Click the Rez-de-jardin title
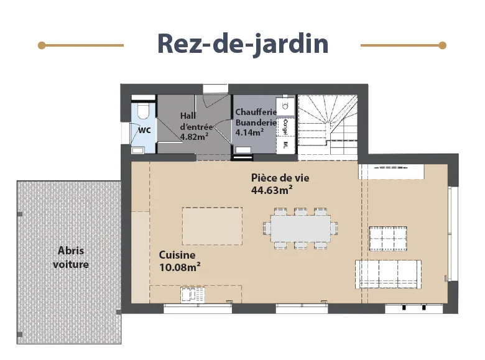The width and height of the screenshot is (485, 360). tap(242, 44)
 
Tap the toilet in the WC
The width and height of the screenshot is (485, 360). tap(143, 111)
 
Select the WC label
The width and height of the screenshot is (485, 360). tap(144, 130)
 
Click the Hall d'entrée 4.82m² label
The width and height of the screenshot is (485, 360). tap(196, 126)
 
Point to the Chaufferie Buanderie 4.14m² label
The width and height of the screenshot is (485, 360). tap(256, 122)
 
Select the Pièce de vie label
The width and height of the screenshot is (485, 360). tap(280, 178)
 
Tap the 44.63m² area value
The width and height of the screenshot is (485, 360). tap(272, 190)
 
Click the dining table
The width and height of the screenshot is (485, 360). tap(300, 229)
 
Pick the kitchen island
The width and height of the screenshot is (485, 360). tap(212, 226)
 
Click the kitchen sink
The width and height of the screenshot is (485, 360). tap(193, 295)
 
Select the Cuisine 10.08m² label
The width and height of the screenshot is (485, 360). tap(180, 261)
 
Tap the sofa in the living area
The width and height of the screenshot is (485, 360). tap(388, 274)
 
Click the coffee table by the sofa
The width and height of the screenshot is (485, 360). tap(388, 239)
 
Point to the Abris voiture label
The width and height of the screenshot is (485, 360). tap(71, 257)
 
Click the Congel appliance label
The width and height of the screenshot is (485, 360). tap(285, 127)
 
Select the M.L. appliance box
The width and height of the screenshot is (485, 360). tap(285, 145)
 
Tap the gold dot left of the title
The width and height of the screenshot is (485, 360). tap(42, 46)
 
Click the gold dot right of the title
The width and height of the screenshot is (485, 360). tap(443, 45)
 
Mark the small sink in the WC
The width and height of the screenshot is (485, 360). tap(137, 150)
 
